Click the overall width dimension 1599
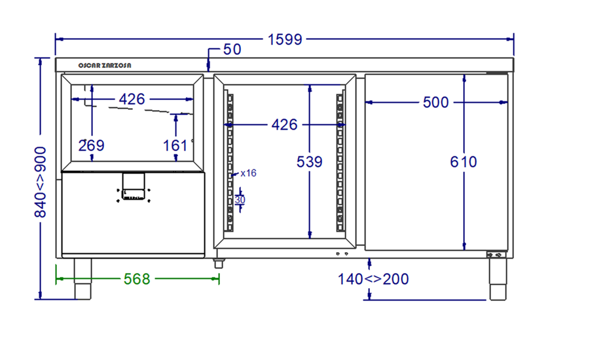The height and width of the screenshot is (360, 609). tap(285, 39)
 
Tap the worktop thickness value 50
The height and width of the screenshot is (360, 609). tap(232, 49)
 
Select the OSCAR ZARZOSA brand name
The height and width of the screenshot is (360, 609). tap(105, 65)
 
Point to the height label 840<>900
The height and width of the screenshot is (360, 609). tap(40, 182)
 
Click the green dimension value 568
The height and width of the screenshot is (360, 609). tap(137, 279)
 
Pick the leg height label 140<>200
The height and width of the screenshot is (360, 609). tap(373, 279)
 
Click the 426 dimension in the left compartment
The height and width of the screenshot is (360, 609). tap(132, 99)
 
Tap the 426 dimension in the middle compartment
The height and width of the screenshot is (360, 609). tap(284, 124)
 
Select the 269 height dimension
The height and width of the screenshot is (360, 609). tap(91, 145)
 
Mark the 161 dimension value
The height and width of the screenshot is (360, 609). tap(175, 145)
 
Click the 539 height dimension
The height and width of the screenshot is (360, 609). tap(309, 162)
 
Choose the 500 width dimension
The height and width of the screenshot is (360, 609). tap(435, 103)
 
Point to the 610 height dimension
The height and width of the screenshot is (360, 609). tap(464, 162)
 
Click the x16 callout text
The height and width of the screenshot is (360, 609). tap(249, 173)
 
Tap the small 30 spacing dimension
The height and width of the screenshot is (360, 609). tap(240, 200)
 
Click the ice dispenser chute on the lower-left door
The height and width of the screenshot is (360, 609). tap(134, 186)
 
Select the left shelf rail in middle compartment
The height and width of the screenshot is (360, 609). tap(230, 162)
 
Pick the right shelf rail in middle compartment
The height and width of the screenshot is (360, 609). tap(341, 162)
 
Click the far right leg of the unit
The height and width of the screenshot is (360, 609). tap(498, 279)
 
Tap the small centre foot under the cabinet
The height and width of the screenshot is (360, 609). tap(219, 263)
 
